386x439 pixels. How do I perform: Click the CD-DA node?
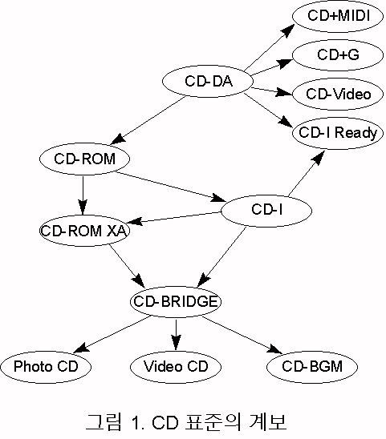pos(208,81)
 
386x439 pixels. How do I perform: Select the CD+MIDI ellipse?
pos(338,16)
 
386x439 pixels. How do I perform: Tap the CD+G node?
pos(338,54)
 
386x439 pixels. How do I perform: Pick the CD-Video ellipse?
pos(338,94)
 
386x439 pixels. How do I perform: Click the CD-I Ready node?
pos(338,133)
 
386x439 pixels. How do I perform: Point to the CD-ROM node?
pos(84,159)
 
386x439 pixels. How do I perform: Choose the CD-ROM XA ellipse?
pos(84,231)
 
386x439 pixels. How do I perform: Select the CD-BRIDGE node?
pos(176,301)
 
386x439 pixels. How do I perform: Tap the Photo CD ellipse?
pos(46,367)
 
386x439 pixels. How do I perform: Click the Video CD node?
pos(176,367)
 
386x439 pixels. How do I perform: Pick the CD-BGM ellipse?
pos(312,367)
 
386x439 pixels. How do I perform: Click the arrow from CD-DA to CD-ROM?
pos(148,120)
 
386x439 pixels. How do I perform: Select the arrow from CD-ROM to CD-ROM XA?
pos(83,195)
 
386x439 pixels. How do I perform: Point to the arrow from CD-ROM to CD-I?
pos(171,187)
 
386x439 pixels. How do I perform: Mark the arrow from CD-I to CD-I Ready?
pos(307,173)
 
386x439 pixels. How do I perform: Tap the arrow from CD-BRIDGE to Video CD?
pos(176,335)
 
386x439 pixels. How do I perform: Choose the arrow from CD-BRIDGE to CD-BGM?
pos(242,335)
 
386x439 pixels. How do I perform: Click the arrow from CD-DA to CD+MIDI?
pos(270,47)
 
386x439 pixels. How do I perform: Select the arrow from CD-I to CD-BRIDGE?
pos(221,256)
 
